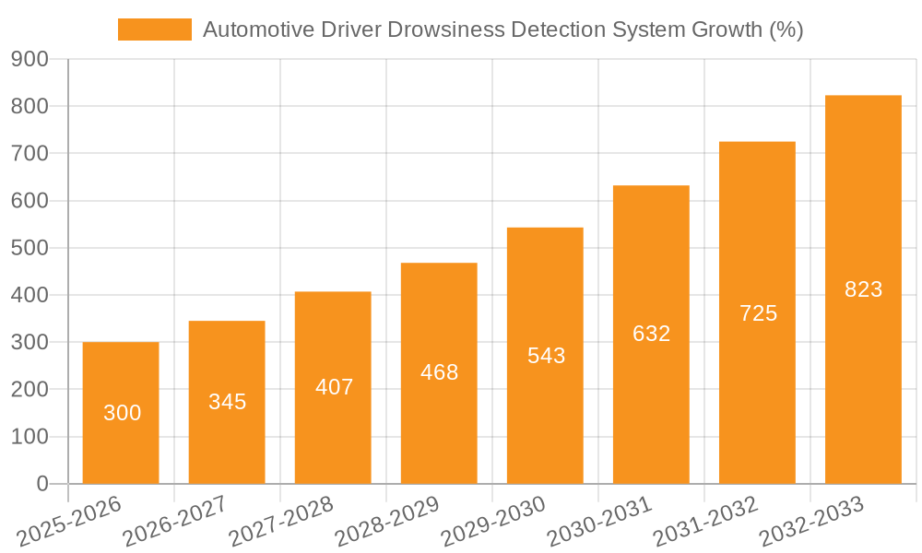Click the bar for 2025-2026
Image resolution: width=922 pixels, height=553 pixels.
pyautogui.click(x=121, y=413)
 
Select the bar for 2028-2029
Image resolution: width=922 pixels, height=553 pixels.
pyautogui.click(x=439, y=373)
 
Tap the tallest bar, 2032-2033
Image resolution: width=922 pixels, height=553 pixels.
pyautogui.click(x=863, y=289)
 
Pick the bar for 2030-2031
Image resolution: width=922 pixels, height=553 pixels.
pyautogui.click(x=651, y=335)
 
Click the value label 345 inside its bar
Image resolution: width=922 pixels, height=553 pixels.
pyautogui.click(x=227, y=402)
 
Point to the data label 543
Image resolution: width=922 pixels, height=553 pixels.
pyautogui.click(x=546, y=356)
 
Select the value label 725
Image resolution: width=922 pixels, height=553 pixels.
pyautogui.click(x=758, y=313)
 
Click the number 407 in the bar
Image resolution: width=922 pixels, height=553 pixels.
pyautogui.click(x=334, y=387)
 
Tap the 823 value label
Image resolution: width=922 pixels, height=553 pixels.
pyautogui.click(x=863, y=289)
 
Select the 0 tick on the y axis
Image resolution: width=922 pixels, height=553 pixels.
pyautogui.click(x=41, y=484)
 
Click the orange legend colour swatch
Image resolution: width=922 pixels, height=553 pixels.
pyautogui.click(x=154, y=29)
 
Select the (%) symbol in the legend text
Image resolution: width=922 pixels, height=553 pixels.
pyautogui.click(x=786, y=29)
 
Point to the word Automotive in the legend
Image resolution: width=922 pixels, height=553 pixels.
pyautogui.click(x=254, y=29)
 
